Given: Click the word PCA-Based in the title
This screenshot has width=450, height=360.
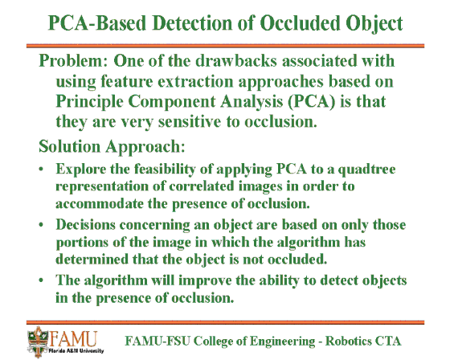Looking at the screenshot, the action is click(x=97, y=22).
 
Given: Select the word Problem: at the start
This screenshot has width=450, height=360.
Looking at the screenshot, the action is click(x=73, y=60).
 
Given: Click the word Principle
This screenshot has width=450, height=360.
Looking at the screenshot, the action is click(x=89, y=102).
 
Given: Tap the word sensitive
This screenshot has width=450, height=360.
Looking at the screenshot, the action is click(x=190, y=121).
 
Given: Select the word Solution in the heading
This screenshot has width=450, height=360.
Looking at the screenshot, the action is click(x=69, y=145).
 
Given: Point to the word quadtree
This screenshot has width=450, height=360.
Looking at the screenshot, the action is click(x=366, y=170).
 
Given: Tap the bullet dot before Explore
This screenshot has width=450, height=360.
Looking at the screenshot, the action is click(x=42, y=169).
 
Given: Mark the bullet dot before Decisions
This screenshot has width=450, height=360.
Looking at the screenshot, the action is click(x=42, y=224).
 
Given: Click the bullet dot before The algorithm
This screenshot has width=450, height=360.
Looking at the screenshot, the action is click(x=42, y=280).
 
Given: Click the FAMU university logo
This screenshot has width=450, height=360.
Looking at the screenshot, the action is click(x=65, y=342).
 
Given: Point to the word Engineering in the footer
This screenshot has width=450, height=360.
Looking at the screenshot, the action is click(x=282, y=342).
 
